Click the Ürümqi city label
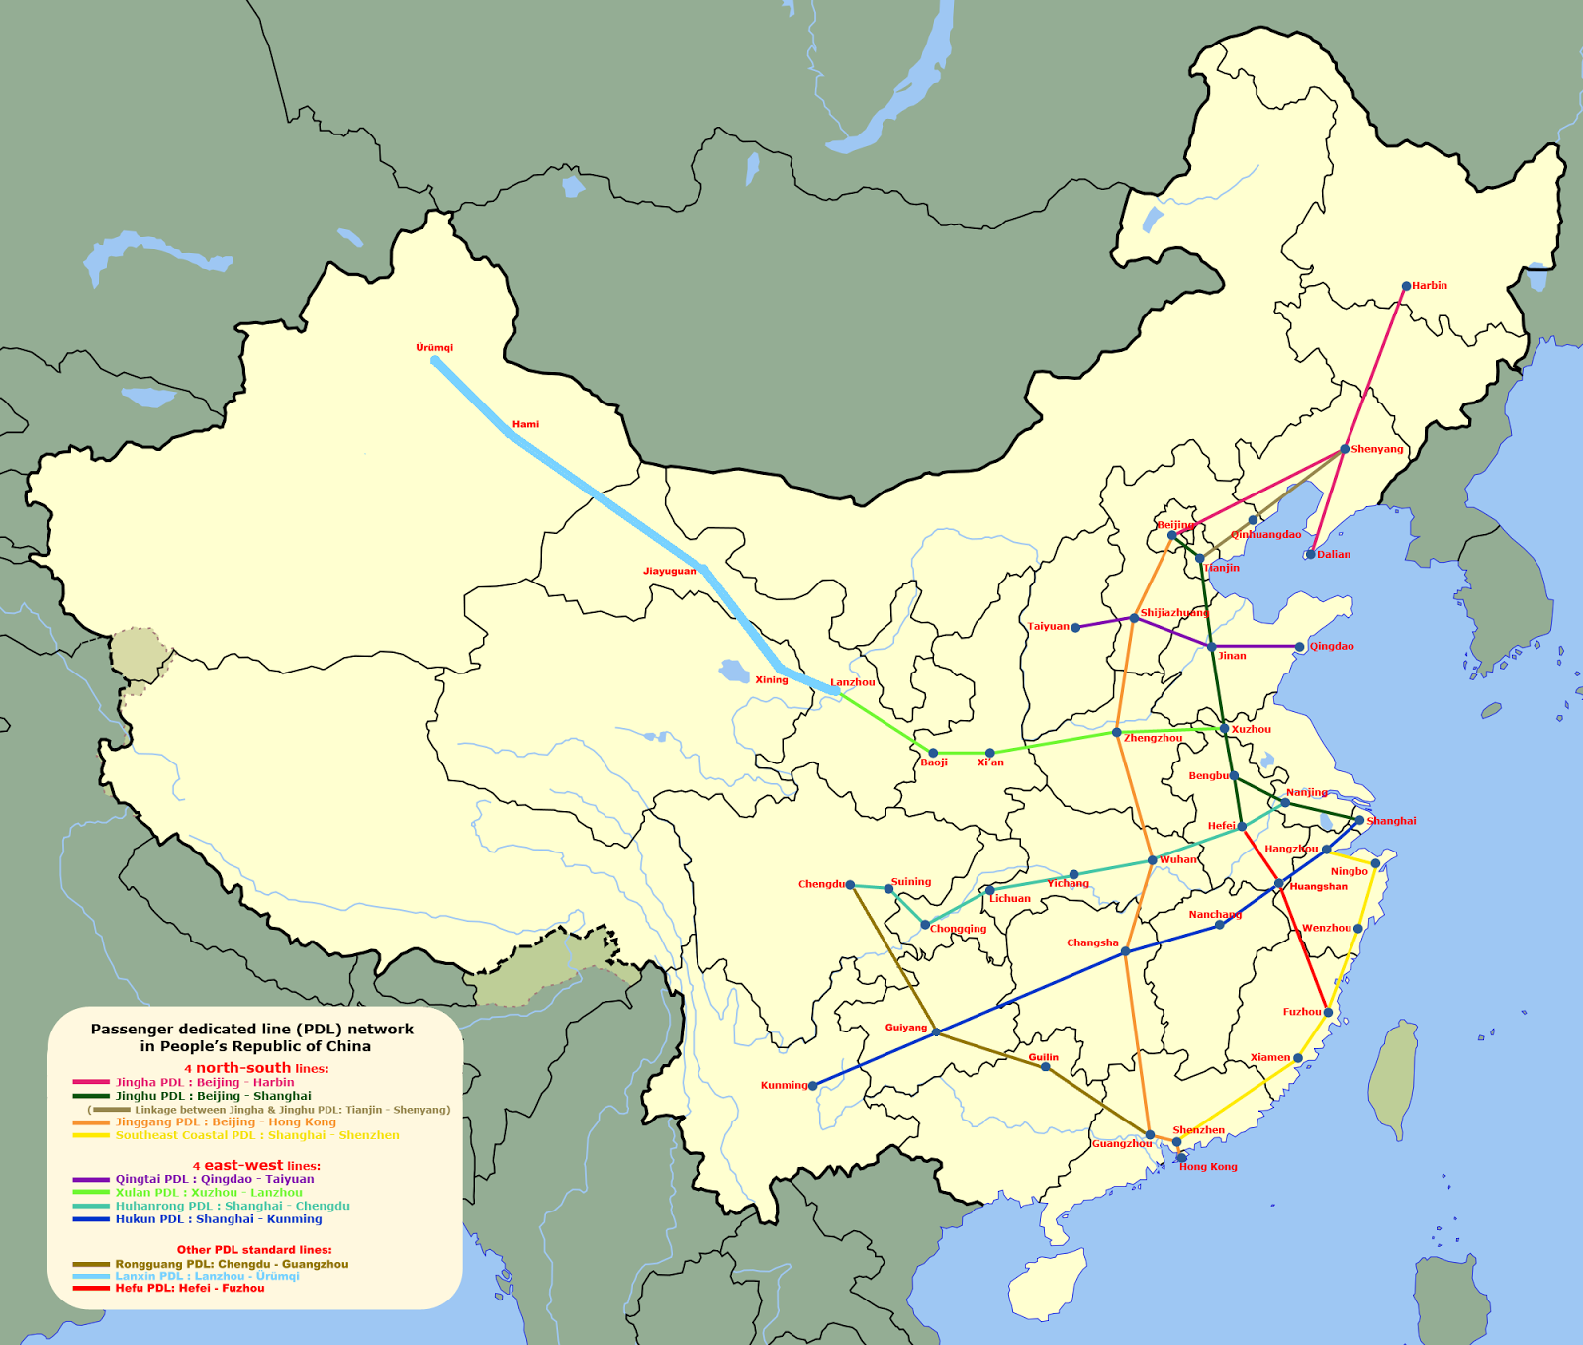pos(434,348)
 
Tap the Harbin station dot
pos(1406,287)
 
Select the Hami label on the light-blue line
pos(525,424)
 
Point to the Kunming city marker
pos(813,1086)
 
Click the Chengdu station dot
pos(850,885)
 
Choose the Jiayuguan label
pos(670,571)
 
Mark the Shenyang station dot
pos(1345,449)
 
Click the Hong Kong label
pos(1208,1167)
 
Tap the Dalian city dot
pos(1310,555)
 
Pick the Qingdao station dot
pos(1300,647)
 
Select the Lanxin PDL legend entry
pos(207,1276)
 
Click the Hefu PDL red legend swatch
pos(91,1288)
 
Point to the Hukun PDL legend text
pos(219,1219)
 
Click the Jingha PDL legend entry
pos(205,1082)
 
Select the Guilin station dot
pos(1046,1067)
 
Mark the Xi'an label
pos(990,762)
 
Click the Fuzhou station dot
pos(1328,1013)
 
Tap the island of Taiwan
pos(1398,1078)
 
